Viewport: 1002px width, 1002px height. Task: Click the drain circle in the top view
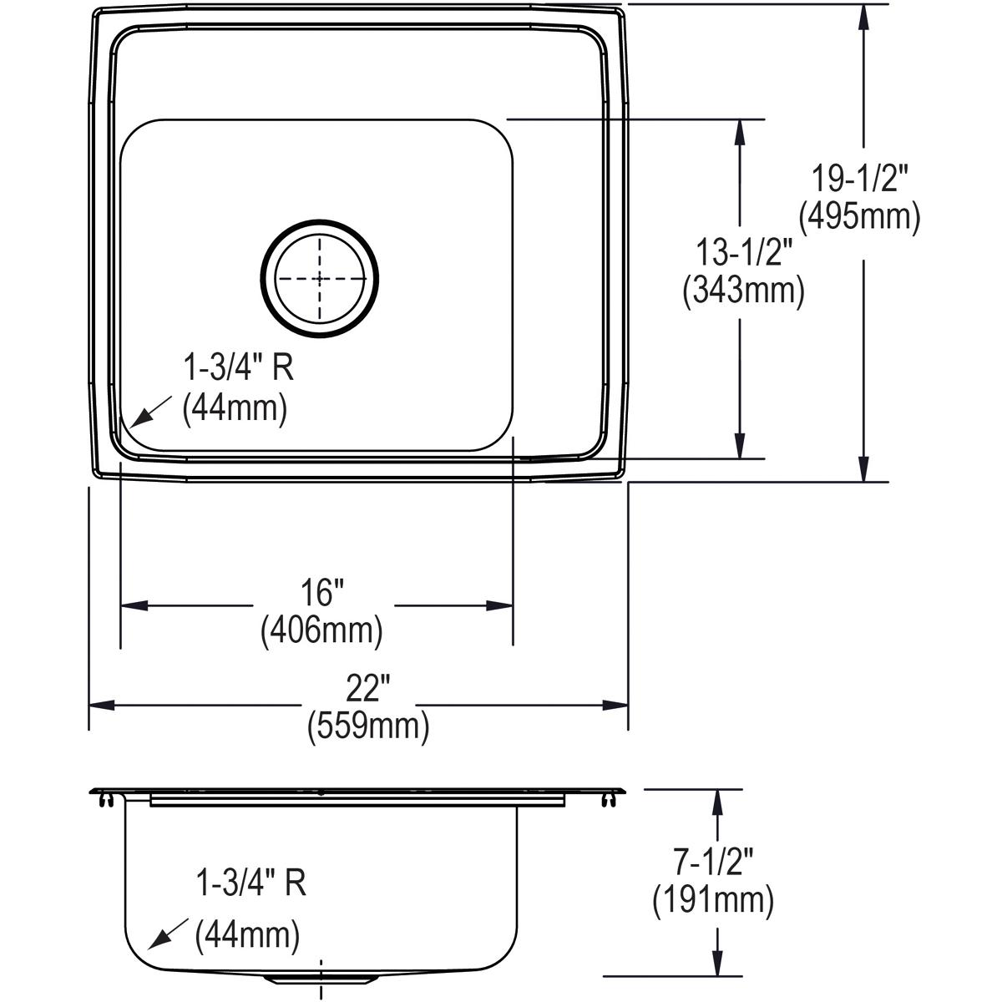pos(320,278)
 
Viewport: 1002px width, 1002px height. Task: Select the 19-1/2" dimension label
pos(860,179)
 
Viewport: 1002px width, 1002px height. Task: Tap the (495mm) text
pos(860,217)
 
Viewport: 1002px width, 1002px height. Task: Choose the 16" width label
pos(322,594)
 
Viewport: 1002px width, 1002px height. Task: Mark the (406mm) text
pos(322,630)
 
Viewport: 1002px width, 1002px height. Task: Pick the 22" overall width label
pos(367,690)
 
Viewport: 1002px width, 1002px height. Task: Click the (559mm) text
pos(367,726)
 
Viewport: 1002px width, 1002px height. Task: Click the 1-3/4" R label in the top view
pos(239,367)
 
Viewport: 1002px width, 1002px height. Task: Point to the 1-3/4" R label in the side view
pos(250,883)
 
